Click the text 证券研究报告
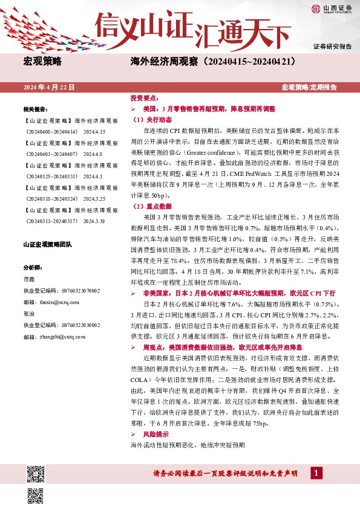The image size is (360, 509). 332,47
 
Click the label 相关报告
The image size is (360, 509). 35,109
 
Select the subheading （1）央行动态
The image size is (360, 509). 151,120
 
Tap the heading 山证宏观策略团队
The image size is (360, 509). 47,244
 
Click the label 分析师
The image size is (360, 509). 33,267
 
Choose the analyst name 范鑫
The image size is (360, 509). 29,279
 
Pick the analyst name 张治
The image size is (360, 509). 29,313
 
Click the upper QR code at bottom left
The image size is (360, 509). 36,458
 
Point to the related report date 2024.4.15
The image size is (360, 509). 94,131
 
